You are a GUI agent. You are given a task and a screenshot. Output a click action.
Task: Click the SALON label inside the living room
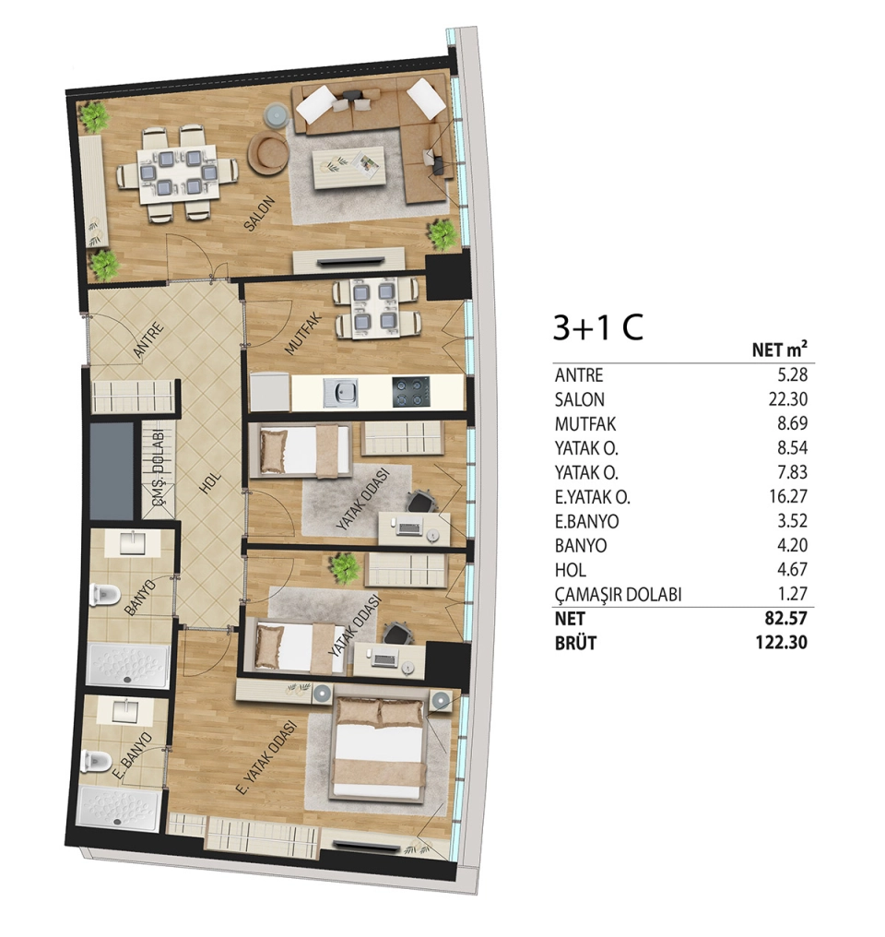point(259,213)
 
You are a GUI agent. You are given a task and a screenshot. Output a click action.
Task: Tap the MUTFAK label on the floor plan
point(303,334)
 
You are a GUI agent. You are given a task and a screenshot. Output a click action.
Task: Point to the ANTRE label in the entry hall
point(148,340)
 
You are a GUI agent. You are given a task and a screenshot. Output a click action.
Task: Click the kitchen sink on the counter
point(341,392)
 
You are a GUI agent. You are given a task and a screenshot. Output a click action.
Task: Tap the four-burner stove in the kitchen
point(411,392)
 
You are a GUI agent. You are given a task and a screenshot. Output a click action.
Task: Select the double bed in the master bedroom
point(381,750)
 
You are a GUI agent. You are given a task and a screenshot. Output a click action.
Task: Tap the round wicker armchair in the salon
point(268,153)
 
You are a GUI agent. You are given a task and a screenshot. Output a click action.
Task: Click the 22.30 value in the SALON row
point(787,398)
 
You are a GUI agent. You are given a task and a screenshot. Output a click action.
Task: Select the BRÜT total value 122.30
point(782,643)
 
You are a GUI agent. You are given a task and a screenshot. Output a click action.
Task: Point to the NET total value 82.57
point(786,618)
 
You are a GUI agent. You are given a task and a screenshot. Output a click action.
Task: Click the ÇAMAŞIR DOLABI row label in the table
point(618,595)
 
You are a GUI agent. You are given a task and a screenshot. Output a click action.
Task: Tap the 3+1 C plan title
point(598,327)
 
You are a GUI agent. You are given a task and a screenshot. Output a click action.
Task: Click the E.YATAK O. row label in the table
point(593,497)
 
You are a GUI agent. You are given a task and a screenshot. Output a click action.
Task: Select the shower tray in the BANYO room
point(127,665)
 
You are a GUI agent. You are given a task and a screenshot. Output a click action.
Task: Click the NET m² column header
point(780,348)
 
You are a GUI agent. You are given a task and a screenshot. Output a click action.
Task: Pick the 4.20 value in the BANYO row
point(793,545)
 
